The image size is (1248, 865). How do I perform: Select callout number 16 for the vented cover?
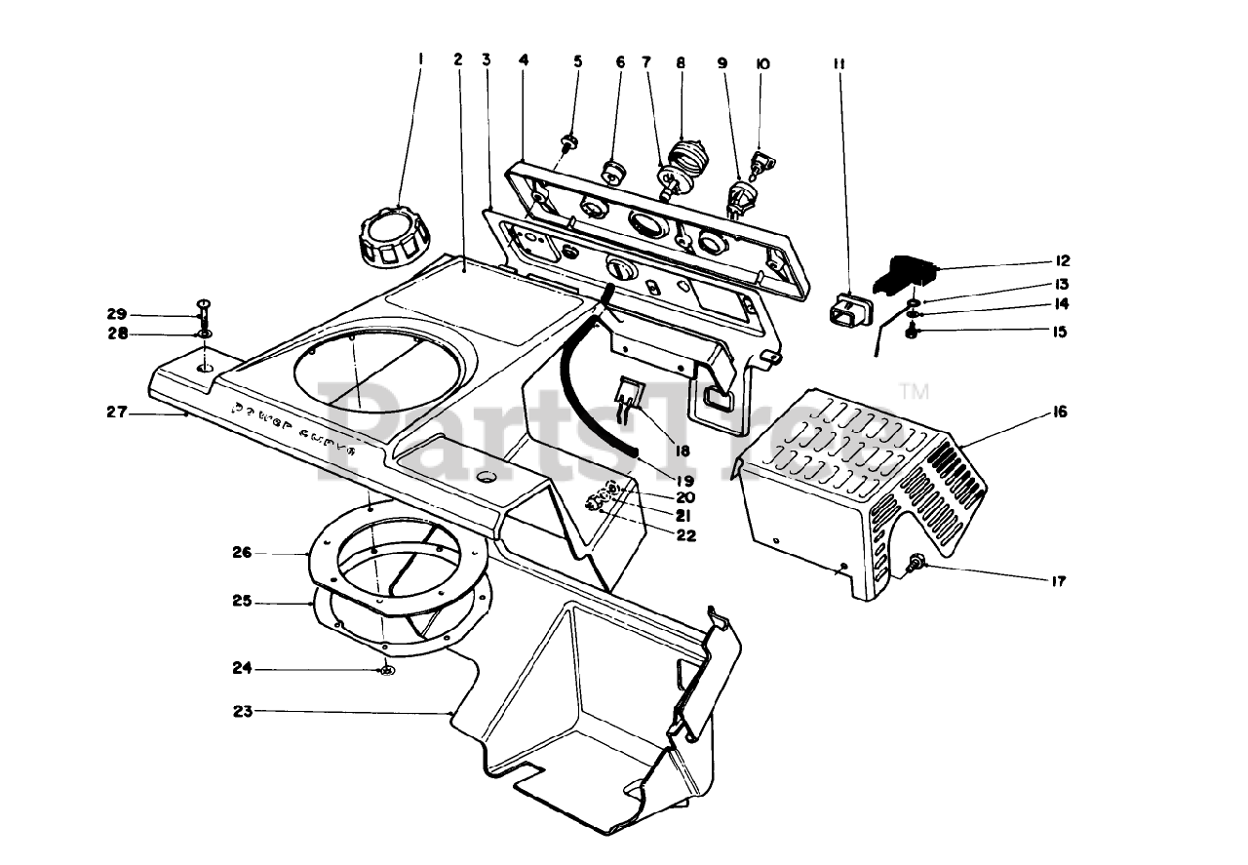(x=1060, y=413)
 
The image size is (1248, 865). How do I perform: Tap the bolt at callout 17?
(x=916, y=563)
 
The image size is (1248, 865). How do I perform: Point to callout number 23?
(x=243, y=712)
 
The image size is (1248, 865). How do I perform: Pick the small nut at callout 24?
(x=387, y=670)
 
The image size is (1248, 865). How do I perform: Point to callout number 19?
(x=682, y=481)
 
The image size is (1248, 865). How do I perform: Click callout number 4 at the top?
(x=524, y=60)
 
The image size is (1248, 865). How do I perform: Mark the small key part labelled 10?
(x=760, y=160)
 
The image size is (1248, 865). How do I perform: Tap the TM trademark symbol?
(x=914, y=393)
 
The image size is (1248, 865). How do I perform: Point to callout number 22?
(x=686, y=534)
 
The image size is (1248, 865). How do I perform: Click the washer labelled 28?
(x=205, y=336)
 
